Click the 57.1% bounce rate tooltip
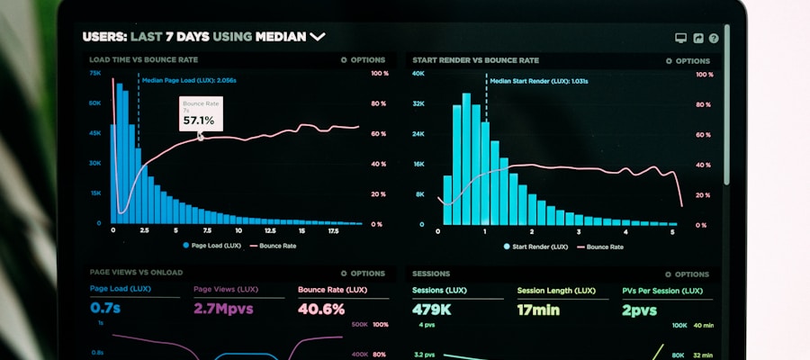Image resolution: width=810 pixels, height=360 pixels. coord(200,114)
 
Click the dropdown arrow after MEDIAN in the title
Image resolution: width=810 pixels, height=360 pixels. coord(317,37)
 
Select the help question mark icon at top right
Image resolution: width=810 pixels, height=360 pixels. coord(714,38)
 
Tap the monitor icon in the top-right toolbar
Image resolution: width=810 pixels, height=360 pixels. coord(680,38)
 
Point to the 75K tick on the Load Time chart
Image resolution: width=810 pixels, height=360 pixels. coord(95,74)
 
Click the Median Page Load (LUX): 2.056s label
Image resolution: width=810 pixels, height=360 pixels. coord(189,80)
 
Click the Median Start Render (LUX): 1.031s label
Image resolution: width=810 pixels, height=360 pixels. coord(538,81)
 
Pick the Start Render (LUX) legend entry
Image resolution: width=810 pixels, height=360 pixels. coord(536,245)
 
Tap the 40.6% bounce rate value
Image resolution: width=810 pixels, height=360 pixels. coord(321,309)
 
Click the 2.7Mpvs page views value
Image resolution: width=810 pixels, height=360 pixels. coord(223,309)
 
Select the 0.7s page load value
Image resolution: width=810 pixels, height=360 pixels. coord(106,309)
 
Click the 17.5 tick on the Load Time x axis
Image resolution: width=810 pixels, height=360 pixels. coord(332,231)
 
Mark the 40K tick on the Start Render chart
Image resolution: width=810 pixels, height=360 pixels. coord(418,74)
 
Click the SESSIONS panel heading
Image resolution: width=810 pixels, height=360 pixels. coord(431,273)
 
